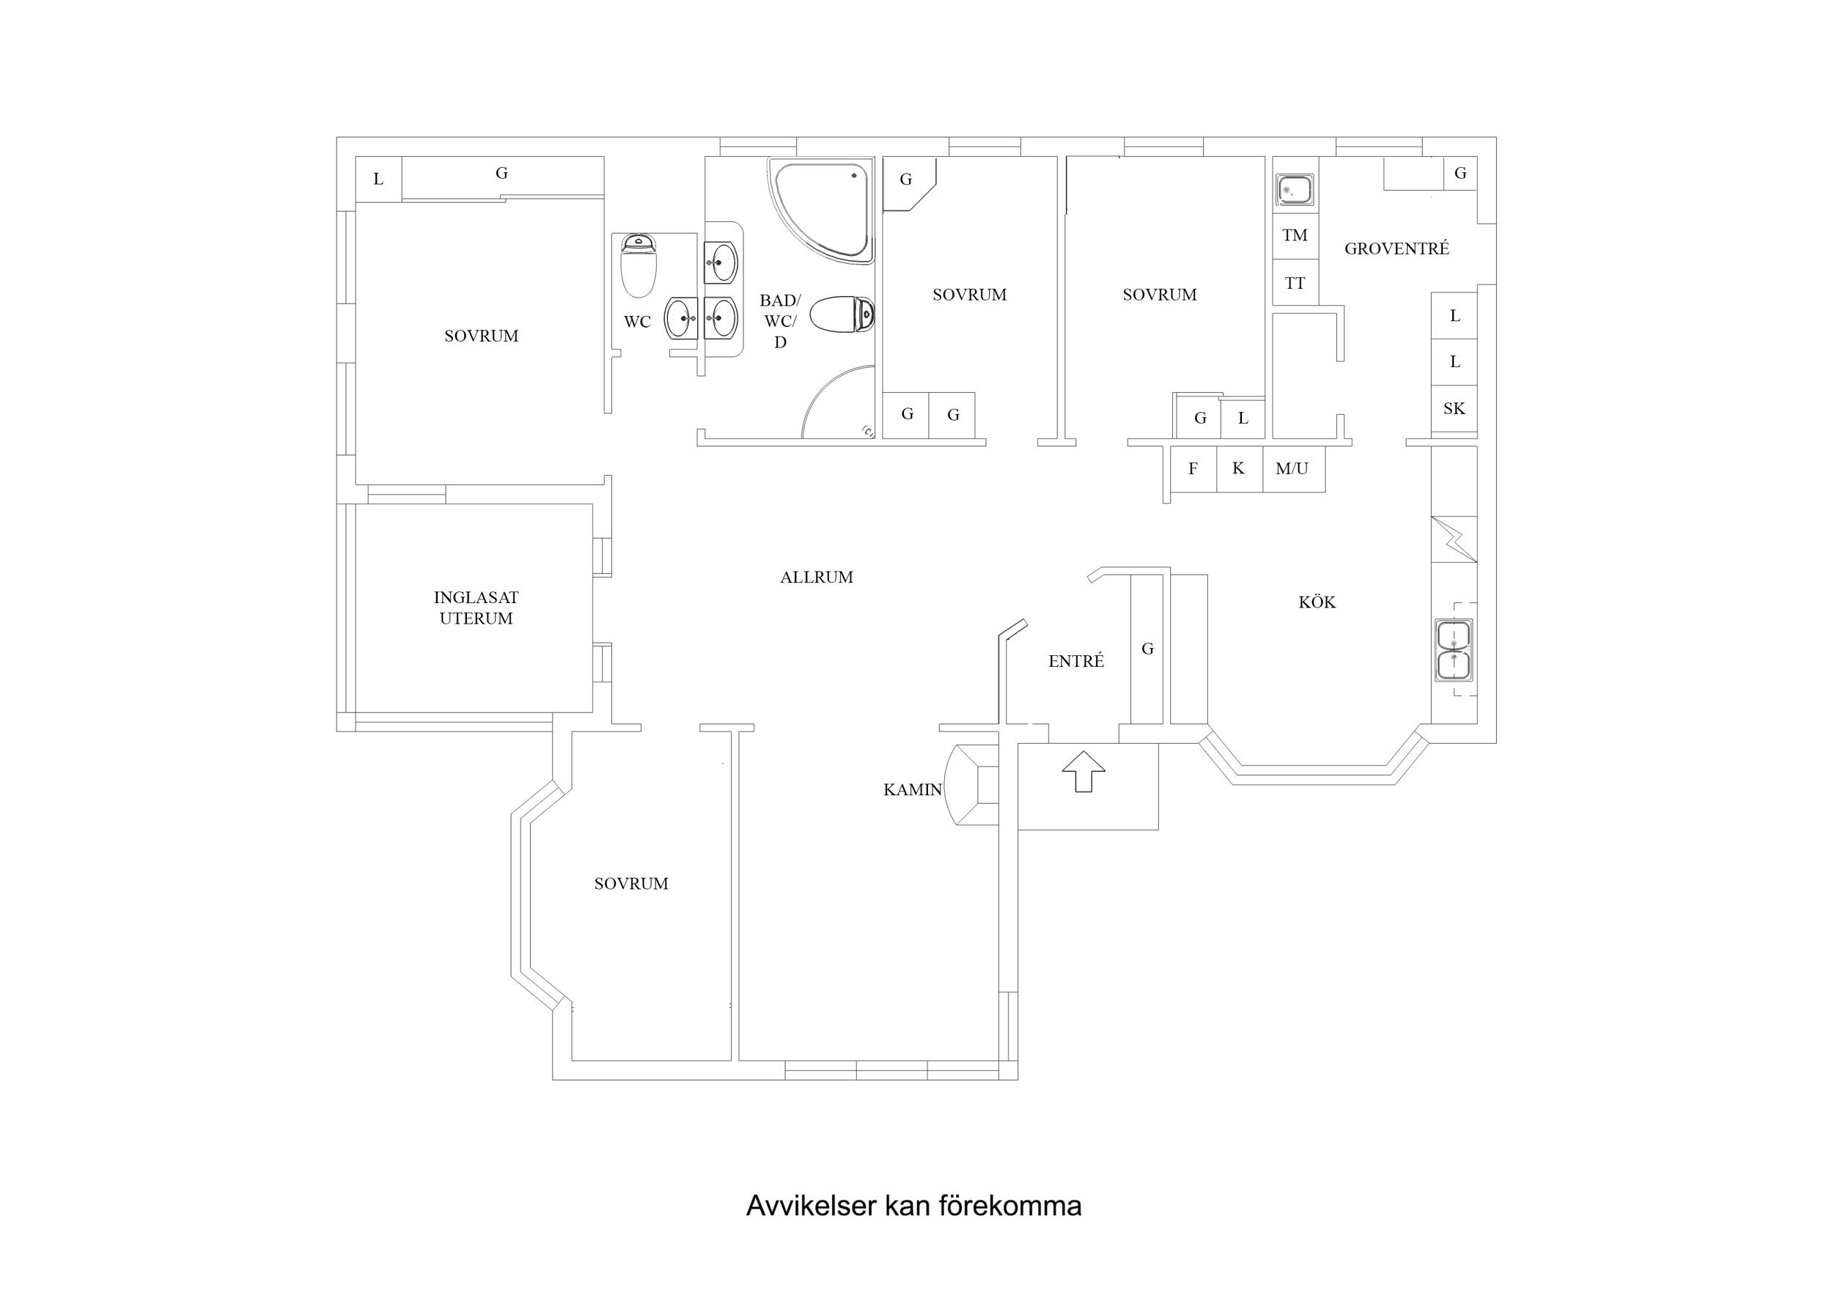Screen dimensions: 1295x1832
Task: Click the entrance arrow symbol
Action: click(1083, 771)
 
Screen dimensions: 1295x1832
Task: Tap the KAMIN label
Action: click(912, 790)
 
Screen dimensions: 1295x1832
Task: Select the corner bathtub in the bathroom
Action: click(822, 207)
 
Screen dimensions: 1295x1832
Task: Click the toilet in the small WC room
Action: click(639, 267)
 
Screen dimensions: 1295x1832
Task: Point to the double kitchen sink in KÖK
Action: click(1453, 650)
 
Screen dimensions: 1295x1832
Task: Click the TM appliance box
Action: click(1294, 235)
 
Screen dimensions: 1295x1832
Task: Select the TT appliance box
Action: click(1294, 283)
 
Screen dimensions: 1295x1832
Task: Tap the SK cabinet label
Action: click(1454, 408)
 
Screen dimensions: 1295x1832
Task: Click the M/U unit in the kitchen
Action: click(1292, 469)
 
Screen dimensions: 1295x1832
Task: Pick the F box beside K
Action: click(1193, 469)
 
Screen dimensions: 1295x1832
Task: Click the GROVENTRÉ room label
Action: click(1397, 248)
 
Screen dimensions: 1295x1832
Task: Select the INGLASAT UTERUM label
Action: click(476, 608)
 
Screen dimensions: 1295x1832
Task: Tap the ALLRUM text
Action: click(816, 577)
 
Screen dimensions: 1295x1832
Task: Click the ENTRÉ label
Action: click(1075, 660)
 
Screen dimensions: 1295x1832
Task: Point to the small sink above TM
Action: click(1294, 191)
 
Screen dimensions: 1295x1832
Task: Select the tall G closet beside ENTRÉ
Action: click(1147, 649)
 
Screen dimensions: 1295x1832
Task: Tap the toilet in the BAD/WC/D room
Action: click(842, 314)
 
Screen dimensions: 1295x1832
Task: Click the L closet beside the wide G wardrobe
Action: click(378, 179)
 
